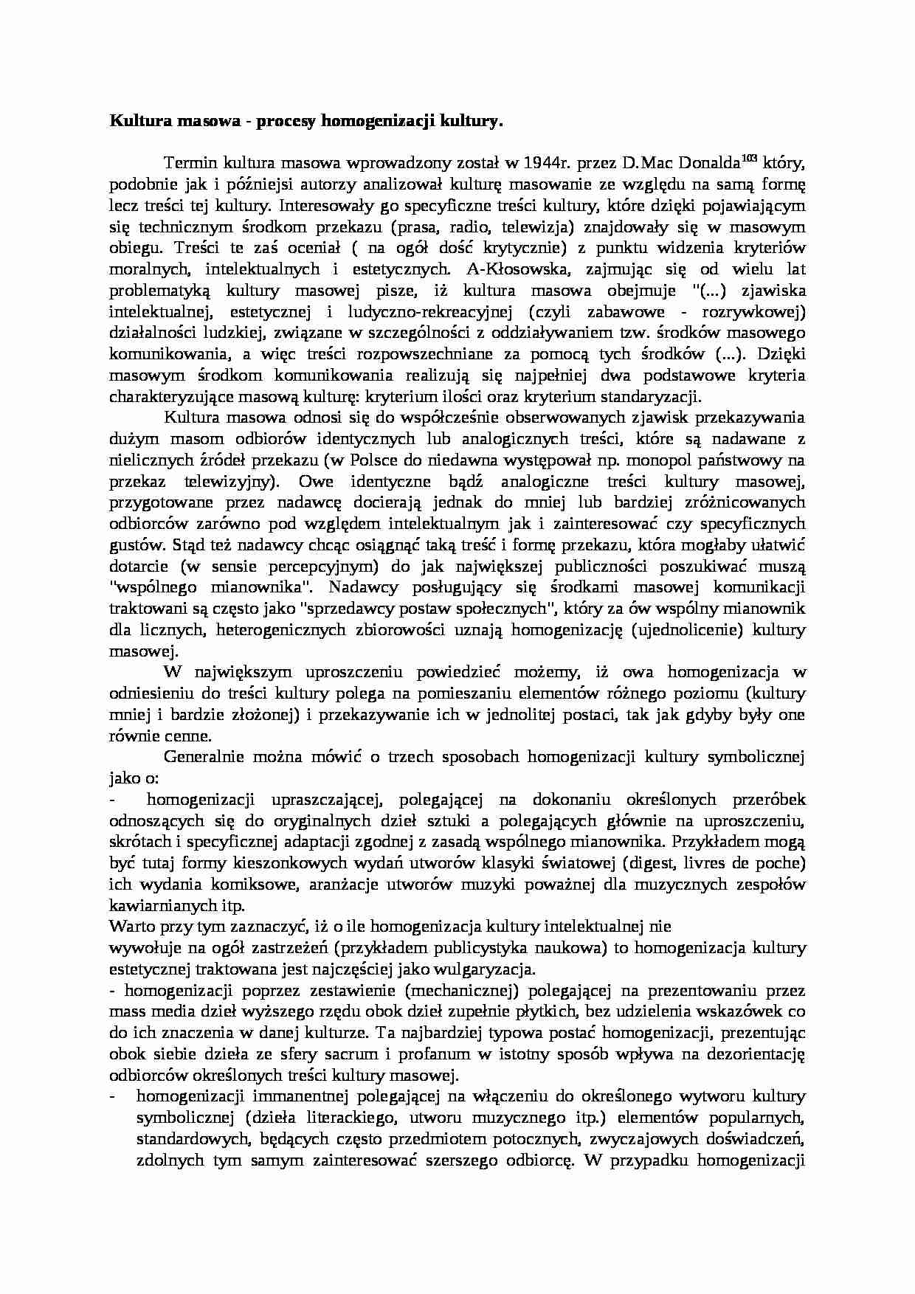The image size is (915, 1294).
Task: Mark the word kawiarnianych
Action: click(x=163, y=905)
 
